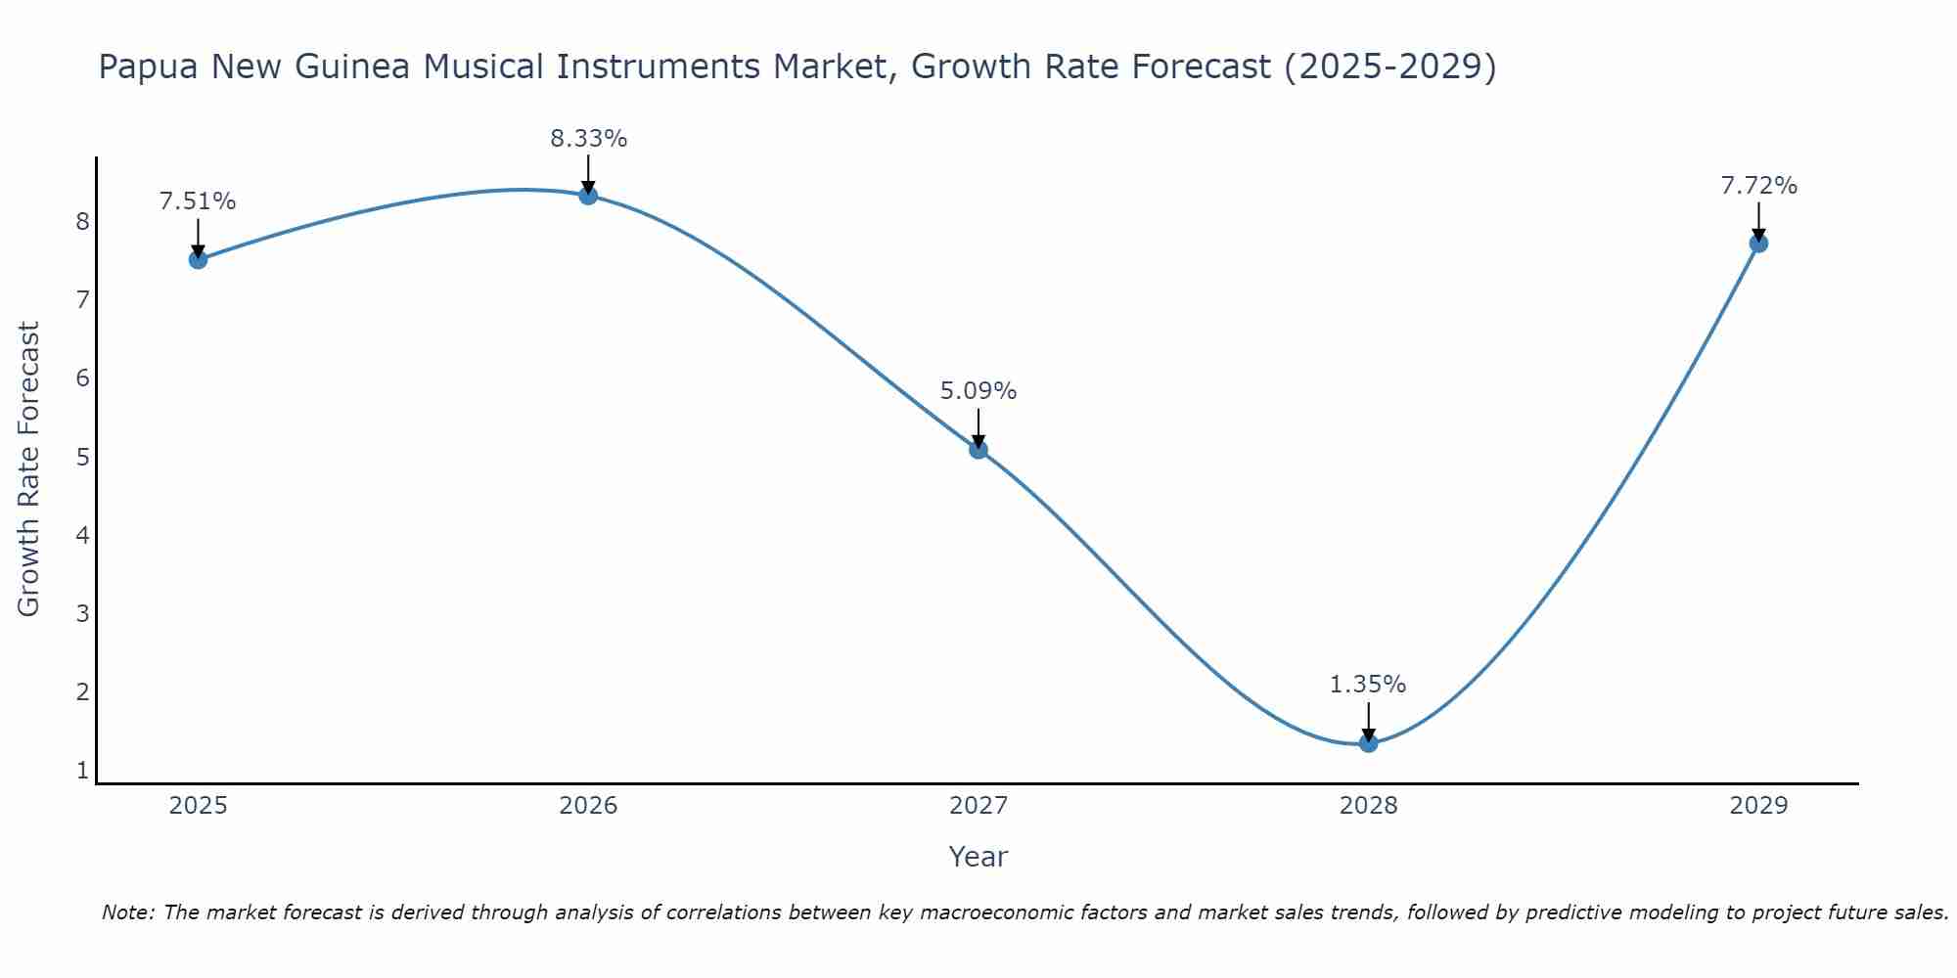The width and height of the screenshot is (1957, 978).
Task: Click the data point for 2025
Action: coord(198,259)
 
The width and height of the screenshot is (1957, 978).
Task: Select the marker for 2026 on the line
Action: coord(588,196)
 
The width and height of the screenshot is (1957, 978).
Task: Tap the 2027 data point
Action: coord(978,450)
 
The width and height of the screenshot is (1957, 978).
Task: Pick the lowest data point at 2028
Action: coord(1368,743)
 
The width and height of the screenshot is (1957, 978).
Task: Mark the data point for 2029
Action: coord(1758,244)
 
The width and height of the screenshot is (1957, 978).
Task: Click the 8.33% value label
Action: coord(588,139)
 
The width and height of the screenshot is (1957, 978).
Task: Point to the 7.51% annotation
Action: coord(198,201)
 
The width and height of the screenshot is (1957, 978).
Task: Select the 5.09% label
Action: coord(978,391)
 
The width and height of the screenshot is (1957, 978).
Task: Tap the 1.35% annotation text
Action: coord(1368,685)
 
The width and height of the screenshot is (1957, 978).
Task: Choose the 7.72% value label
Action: coord(1758,186)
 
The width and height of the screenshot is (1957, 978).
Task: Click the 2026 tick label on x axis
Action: coord(588,806)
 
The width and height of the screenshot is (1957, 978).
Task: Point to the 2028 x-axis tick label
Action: coord(1368,806)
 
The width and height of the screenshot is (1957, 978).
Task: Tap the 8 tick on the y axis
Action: coord(82,222)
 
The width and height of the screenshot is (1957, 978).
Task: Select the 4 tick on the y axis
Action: coord(82,536)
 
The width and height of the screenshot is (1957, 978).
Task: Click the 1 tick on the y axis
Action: coord(82,771)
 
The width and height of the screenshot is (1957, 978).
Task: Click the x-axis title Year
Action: coord(978,857)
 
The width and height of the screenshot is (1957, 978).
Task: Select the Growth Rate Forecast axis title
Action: coord(29,469)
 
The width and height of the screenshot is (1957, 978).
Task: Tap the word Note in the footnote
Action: coord(126,912)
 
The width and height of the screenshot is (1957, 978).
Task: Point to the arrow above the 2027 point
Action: coord(978,428)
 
